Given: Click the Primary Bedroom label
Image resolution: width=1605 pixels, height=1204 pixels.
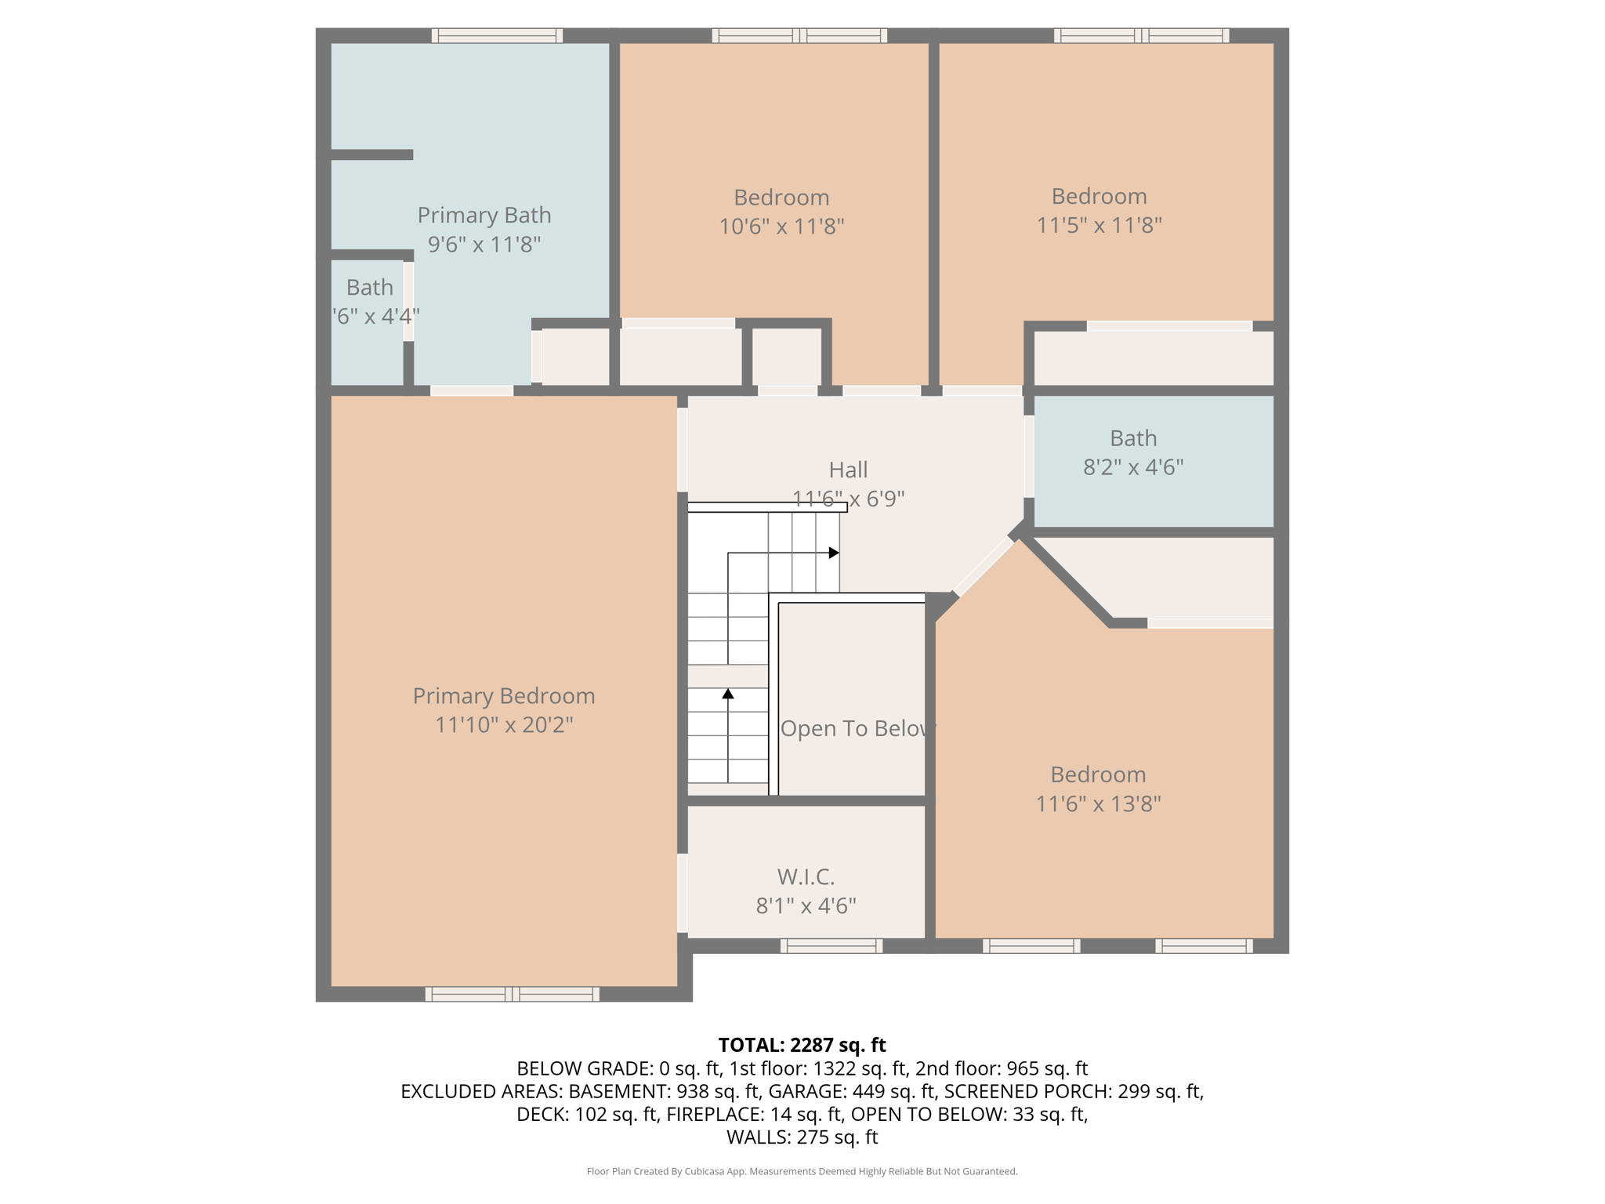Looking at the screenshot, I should coord(503,696).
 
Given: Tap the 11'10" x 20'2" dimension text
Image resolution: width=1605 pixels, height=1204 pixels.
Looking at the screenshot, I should coord(503,725).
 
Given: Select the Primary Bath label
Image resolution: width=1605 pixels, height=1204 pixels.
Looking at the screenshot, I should coord(484,215).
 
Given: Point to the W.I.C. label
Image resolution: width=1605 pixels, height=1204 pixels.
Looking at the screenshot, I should coord(806,876).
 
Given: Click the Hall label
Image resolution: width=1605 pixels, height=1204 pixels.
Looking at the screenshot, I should coord(848,470).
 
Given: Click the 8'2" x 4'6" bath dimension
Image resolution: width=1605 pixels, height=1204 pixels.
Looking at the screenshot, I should coord(1132,467).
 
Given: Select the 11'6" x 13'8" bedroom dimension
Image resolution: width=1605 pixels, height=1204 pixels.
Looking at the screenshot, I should coord(1098,804).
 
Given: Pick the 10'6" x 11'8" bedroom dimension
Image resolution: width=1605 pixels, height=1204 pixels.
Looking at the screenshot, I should coord(781,227).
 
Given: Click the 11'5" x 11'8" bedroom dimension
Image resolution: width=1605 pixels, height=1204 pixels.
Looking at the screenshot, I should coord(1099,226).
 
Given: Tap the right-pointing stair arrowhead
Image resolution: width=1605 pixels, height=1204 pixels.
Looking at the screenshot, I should coord(835,553).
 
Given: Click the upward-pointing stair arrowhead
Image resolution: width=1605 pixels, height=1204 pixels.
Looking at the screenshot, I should coord(728,694).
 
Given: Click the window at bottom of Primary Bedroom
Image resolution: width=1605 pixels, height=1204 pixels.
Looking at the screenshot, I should coord(512,994).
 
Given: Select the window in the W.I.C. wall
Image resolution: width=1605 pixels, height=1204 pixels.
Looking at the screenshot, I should coord(831,946).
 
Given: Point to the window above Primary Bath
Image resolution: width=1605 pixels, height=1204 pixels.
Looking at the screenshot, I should coord(497,35).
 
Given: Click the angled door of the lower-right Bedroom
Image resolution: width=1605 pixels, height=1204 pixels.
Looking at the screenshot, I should coord(984,566).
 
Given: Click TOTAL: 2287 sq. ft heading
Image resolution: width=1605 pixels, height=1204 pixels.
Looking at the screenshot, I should coord(802,1045).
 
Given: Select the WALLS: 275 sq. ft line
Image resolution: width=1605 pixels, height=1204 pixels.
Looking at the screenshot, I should coord(802,1137).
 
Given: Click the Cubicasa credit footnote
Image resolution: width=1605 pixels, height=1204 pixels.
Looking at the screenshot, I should coord(802,1171).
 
